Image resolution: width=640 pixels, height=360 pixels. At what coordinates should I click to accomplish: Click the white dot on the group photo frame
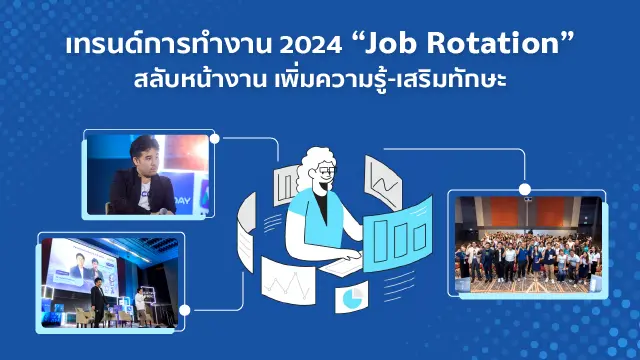[x=524, y=188]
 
